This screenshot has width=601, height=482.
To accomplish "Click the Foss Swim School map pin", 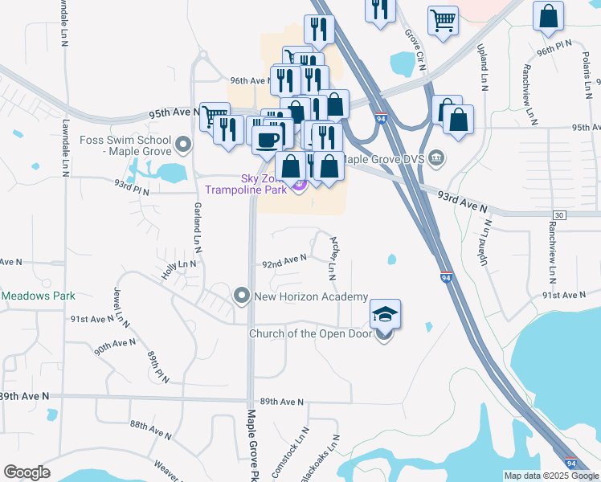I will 183,145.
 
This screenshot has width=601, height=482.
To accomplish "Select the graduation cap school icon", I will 385,312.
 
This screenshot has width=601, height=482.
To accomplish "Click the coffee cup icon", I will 267,139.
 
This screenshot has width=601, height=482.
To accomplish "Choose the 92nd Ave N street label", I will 284,259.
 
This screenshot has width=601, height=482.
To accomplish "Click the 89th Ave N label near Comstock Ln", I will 282,402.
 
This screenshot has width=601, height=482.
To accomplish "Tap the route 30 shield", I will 560,214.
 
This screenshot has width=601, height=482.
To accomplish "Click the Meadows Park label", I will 38,296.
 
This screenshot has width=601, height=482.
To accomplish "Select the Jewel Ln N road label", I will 122,306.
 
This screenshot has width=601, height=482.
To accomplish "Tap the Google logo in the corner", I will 27,472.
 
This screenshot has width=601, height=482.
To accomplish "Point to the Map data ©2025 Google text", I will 550,476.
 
